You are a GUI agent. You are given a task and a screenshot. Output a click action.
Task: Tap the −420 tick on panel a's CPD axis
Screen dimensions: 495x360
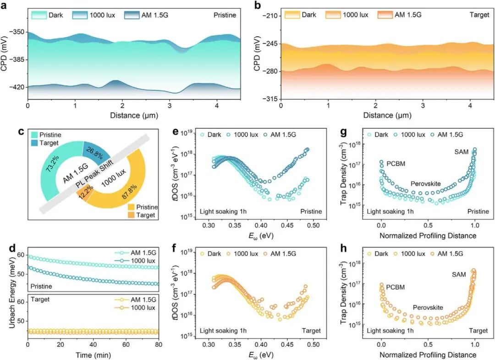pyautogui.click(x=18, y=87)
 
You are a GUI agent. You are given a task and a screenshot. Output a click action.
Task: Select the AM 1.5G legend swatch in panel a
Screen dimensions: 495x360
pyautogui.click(x=132, y=15)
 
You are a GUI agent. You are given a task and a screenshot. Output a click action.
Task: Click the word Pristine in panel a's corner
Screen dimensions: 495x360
pyautogui.click(x=225, y=15)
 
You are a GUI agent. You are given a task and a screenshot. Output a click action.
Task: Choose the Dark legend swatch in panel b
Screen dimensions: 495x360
pyautogui.click(x=292, y=15)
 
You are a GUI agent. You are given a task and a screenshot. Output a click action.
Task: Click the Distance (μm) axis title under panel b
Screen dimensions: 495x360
pyautogui.click(x=387, y=115)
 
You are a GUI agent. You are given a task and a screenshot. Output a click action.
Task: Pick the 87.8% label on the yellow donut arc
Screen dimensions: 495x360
pyautogui.click(x=129, y=191)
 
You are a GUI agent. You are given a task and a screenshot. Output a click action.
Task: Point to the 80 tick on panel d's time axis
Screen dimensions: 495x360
pyautogui.click(x=159, y=344)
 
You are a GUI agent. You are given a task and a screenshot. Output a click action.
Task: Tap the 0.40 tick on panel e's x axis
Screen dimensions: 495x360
pyautogui.click(x=261, y=226)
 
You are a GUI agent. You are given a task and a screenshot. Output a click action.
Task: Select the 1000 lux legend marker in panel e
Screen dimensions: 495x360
pyautogui.click(x=229, y=135)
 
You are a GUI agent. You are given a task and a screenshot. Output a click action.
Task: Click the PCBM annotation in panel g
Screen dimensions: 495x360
pyautogui.click(x=396, y=164)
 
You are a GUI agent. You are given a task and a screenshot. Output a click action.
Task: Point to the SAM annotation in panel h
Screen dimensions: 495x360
pyautogui.click(x=459, y=274)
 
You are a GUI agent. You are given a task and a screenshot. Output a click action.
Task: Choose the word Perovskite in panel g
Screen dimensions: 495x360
pyautogui.click(x=425, y=184)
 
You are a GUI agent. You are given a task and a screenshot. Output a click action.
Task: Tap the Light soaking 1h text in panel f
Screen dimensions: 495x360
pyautogui.click(x=223, y=331)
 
